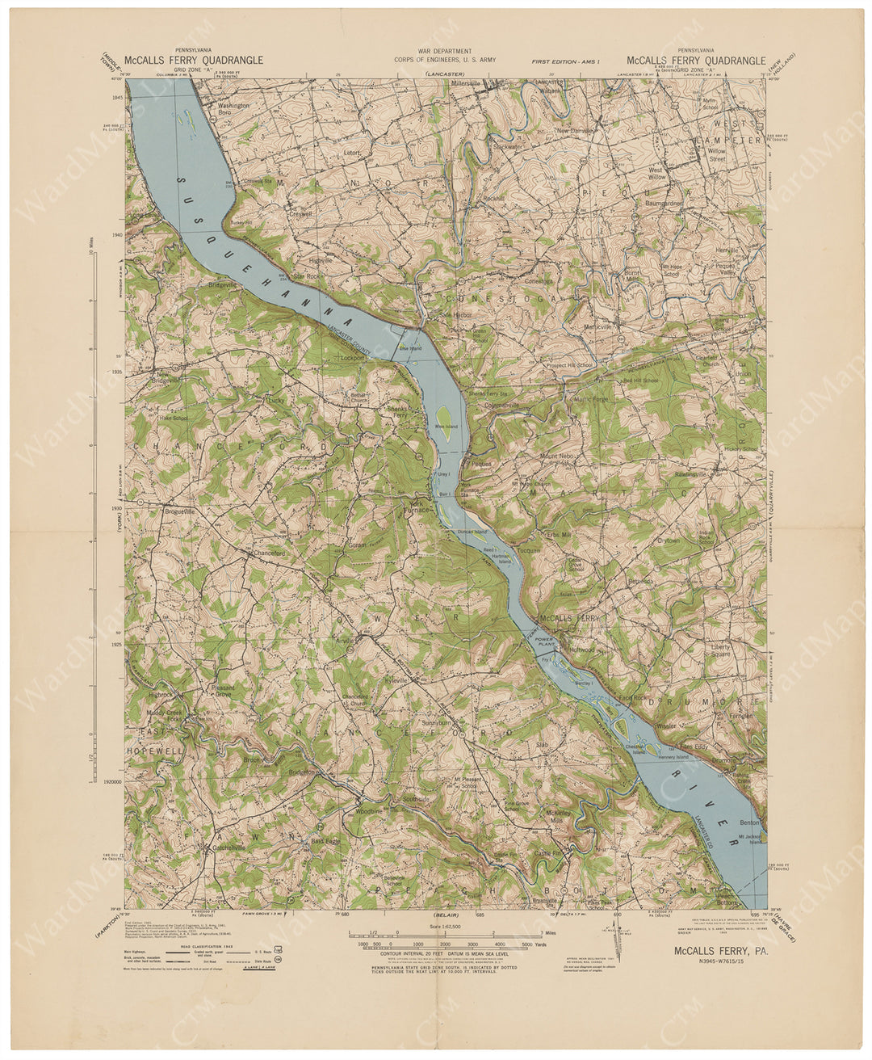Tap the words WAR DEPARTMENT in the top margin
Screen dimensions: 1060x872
point(445,51)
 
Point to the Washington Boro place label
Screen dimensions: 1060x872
point(234,109)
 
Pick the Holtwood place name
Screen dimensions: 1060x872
point(582,649)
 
